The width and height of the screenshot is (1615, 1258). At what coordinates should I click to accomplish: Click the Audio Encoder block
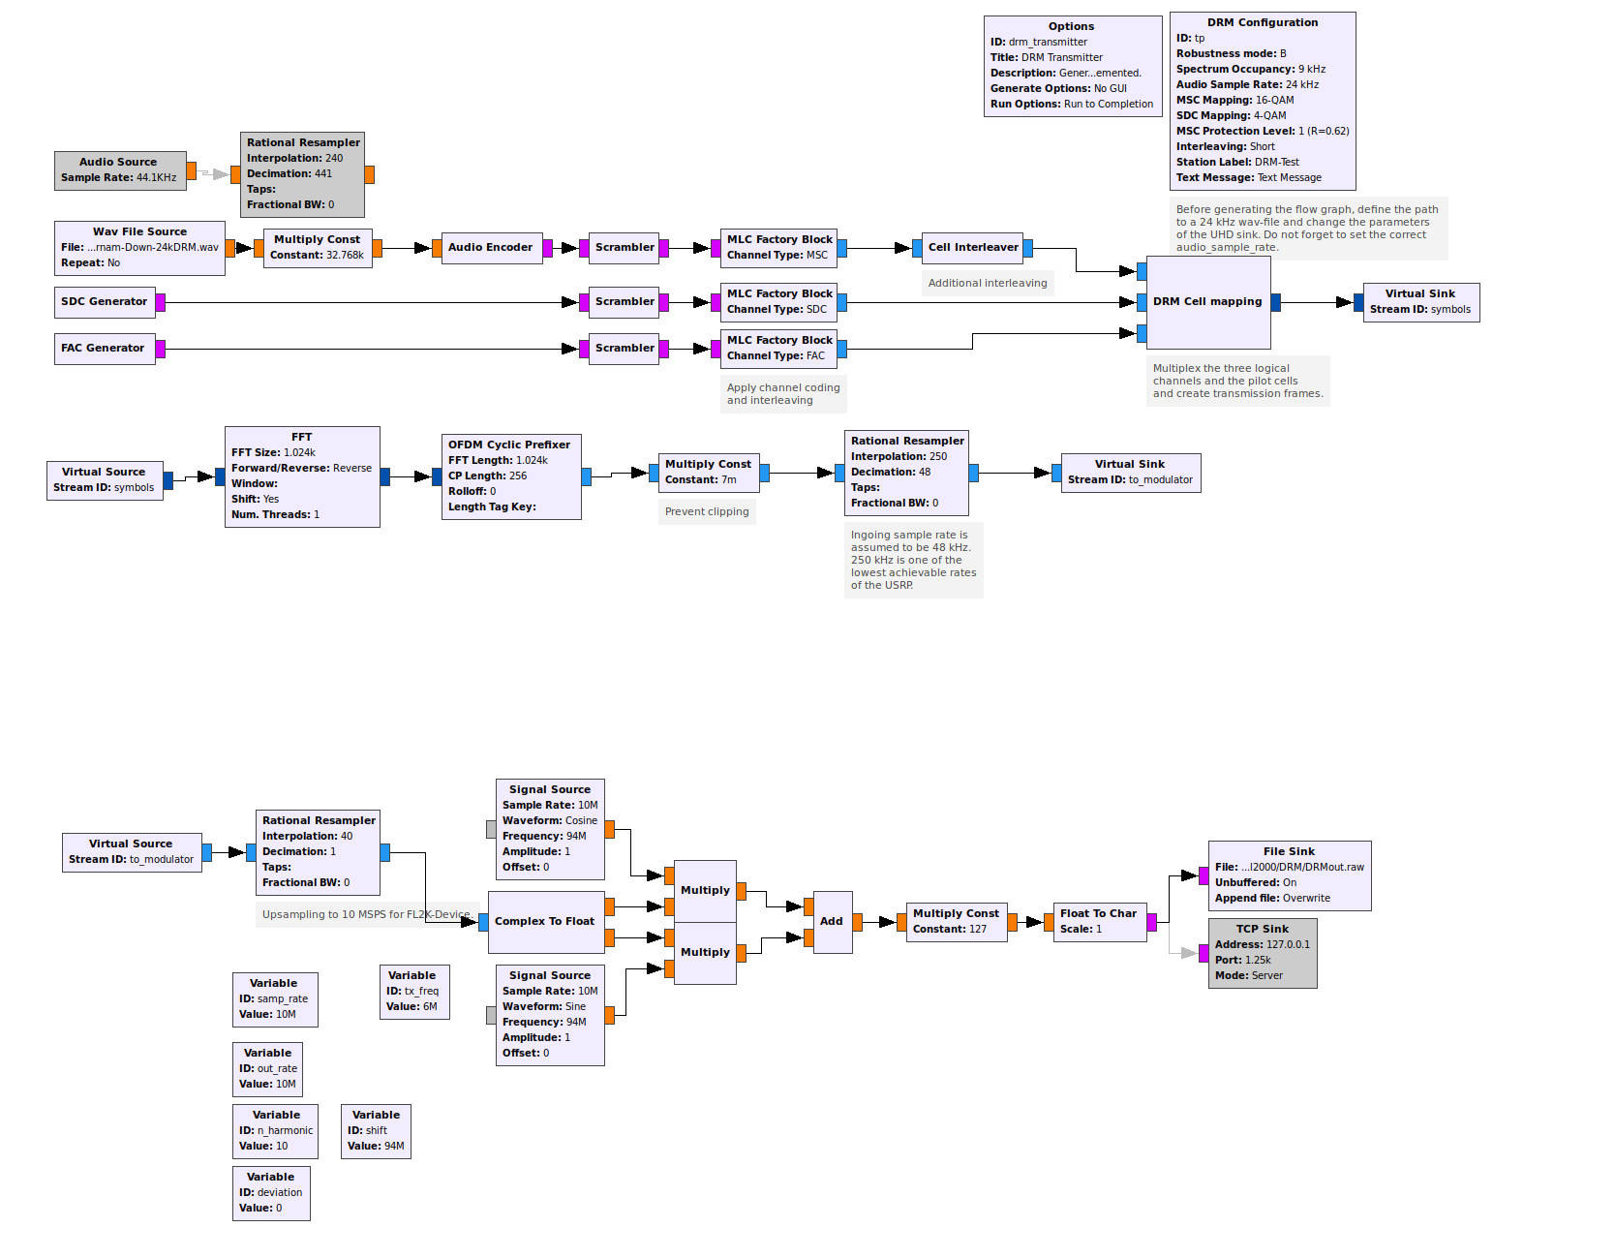[490, 248]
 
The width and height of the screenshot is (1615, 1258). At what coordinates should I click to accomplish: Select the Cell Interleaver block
[972, 248]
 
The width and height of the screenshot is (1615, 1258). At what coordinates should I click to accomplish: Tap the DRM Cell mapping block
[1207, 302]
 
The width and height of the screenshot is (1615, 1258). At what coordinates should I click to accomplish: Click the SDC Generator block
[105, 302]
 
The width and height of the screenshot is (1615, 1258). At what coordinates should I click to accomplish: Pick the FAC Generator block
[103, 349]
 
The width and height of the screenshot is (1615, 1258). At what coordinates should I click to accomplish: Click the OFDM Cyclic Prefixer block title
[509, 445]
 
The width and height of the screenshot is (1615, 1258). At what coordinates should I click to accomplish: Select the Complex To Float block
[545, 922]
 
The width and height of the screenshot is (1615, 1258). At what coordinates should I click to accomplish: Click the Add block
[832, 922]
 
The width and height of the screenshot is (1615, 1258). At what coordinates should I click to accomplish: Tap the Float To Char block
[1098, 922]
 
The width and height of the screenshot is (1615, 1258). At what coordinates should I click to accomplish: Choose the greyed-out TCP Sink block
[1262, 953]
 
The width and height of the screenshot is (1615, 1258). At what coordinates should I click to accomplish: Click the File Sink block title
[1289, 852]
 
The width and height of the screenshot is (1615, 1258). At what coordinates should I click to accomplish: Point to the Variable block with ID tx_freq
[413, 992]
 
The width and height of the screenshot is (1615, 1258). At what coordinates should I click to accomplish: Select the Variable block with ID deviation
[271, 1193]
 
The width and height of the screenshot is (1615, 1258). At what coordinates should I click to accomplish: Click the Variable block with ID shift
[376, 1131]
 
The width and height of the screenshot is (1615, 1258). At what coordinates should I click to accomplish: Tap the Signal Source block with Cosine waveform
[549, 829]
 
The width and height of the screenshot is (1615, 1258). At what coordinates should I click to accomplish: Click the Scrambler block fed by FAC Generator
[625, 349]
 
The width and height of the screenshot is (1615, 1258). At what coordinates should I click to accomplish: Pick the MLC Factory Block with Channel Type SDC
[779, 302]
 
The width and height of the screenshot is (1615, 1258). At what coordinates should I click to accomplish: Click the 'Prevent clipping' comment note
[707, 512]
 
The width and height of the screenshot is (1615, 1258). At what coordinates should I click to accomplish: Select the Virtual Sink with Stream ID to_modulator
[1130, 473]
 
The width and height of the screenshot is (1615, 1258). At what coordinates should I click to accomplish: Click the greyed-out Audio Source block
[118, 170]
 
